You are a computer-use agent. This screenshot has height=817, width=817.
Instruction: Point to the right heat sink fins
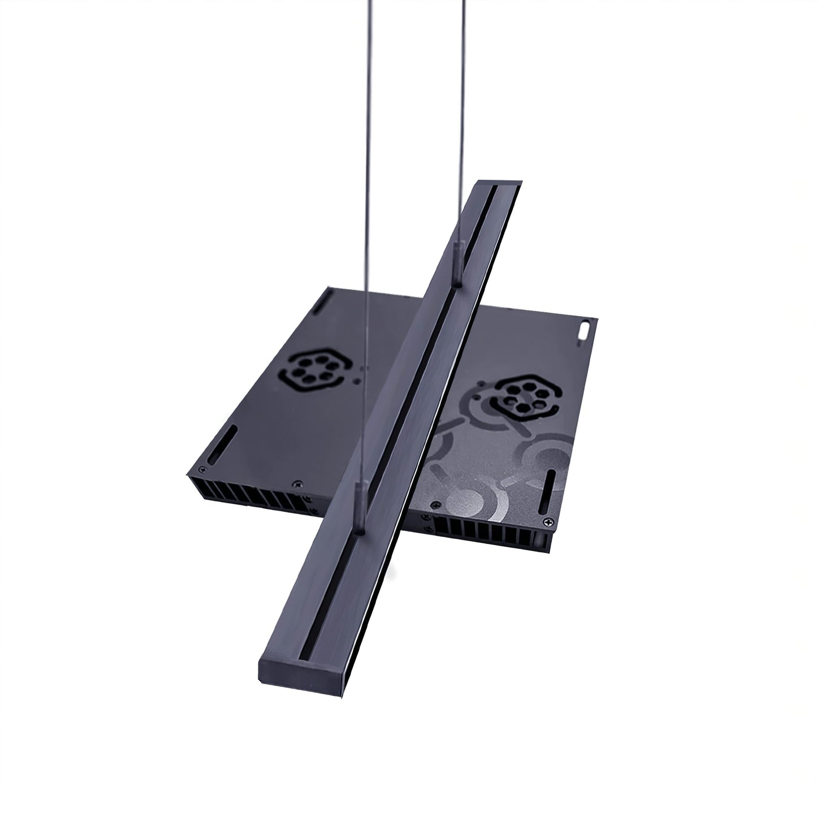pos(486,529)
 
